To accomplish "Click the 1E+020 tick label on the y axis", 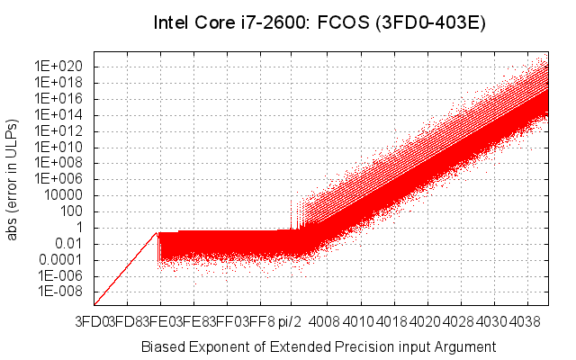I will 59,67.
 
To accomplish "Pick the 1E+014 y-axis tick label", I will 59,115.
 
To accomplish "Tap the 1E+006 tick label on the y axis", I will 59,179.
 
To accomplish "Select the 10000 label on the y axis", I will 66,195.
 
